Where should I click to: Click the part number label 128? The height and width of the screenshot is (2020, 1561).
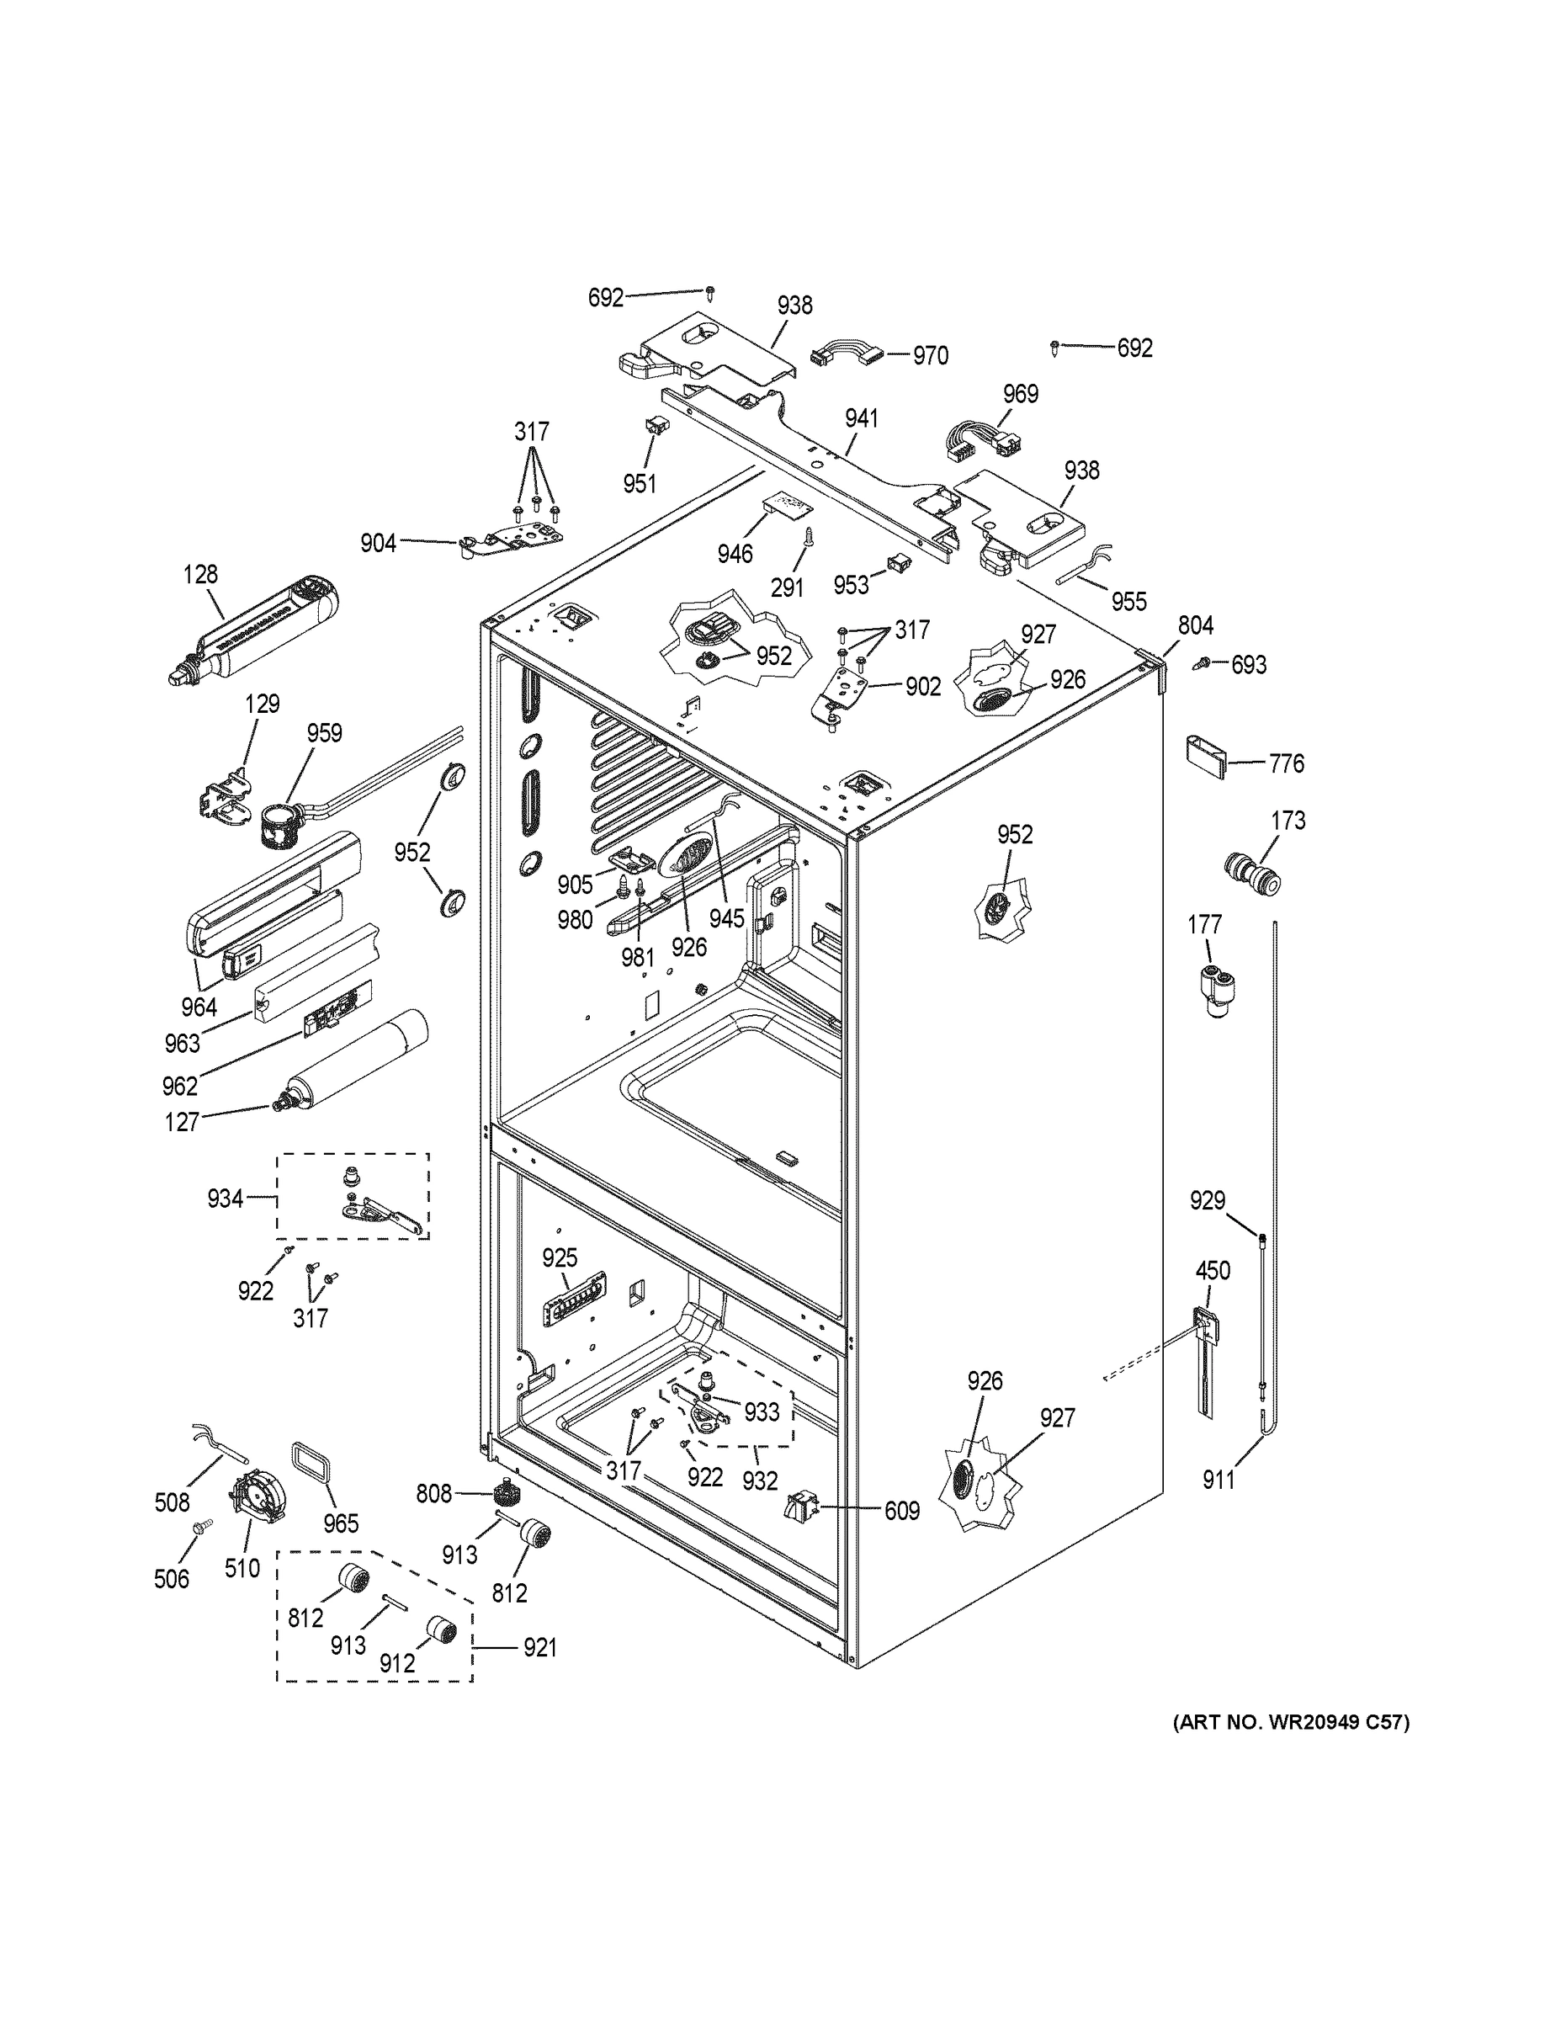tap(199, 574)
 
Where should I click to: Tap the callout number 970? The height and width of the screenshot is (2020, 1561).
tap(931, 356)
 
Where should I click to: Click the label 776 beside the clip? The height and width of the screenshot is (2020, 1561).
tap(1287, 764)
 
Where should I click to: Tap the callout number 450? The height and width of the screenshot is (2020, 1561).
tap(1213, 1271)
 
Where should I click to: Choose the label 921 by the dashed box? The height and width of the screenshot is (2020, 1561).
tap(540, 1648)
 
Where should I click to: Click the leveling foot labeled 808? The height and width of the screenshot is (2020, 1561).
tap(505, 1493)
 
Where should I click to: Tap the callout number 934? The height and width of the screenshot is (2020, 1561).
tap(225, 1199)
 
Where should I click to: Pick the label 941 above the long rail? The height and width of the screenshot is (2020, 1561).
tap(861, 419)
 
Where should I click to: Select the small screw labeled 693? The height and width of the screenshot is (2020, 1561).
tap(1205, 663)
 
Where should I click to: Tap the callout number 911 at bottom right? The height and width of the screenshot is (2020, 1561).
tap(1218, 1480)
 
